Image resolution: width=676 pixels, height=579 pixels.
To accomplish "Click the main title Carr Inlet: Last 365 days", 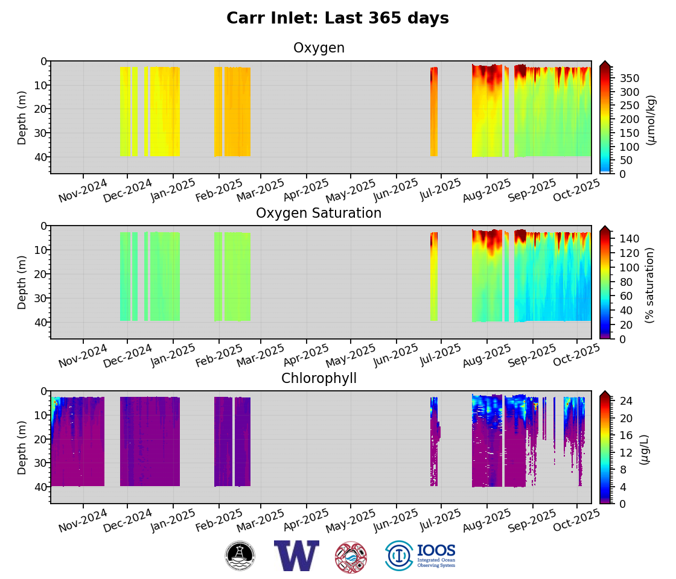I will (337, 19).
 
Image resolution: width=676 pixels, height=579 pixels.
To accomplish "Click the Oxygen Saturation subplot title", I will (319, 214).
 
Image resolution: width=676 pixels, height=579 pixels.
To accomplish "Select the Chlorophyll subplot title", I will (319, 379).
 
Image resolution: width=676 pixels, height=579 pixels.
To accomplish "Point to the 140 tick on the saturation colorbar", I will (631, 239).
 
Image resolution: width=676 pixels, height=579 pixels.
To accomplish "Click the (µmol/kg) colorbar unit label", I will (650, 120).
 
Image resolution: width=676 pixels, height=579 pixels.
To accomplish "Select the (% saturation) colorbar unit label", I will (649, 285).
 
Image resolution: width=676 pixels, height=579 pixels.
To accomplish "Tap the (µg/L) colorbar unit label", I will (645, 449).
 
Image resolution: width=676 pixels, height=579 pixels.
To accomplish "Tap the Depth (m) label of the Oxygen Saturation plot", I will (22, 282).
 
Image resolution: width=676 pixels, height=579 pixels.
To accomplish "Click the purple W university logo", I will (296, 555).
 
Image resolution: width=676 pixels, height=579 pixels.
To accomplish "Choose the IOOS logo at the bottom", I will (420, 555).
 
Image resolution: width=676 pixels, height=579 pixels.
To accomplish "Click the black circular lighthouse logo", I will (240, 555).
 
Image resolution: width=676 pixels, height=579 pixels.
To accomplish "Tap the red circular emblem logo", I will (351, 557).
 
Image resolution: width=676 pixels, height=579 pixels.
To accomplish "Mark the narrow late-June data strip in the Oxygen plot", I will (434, 112).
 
